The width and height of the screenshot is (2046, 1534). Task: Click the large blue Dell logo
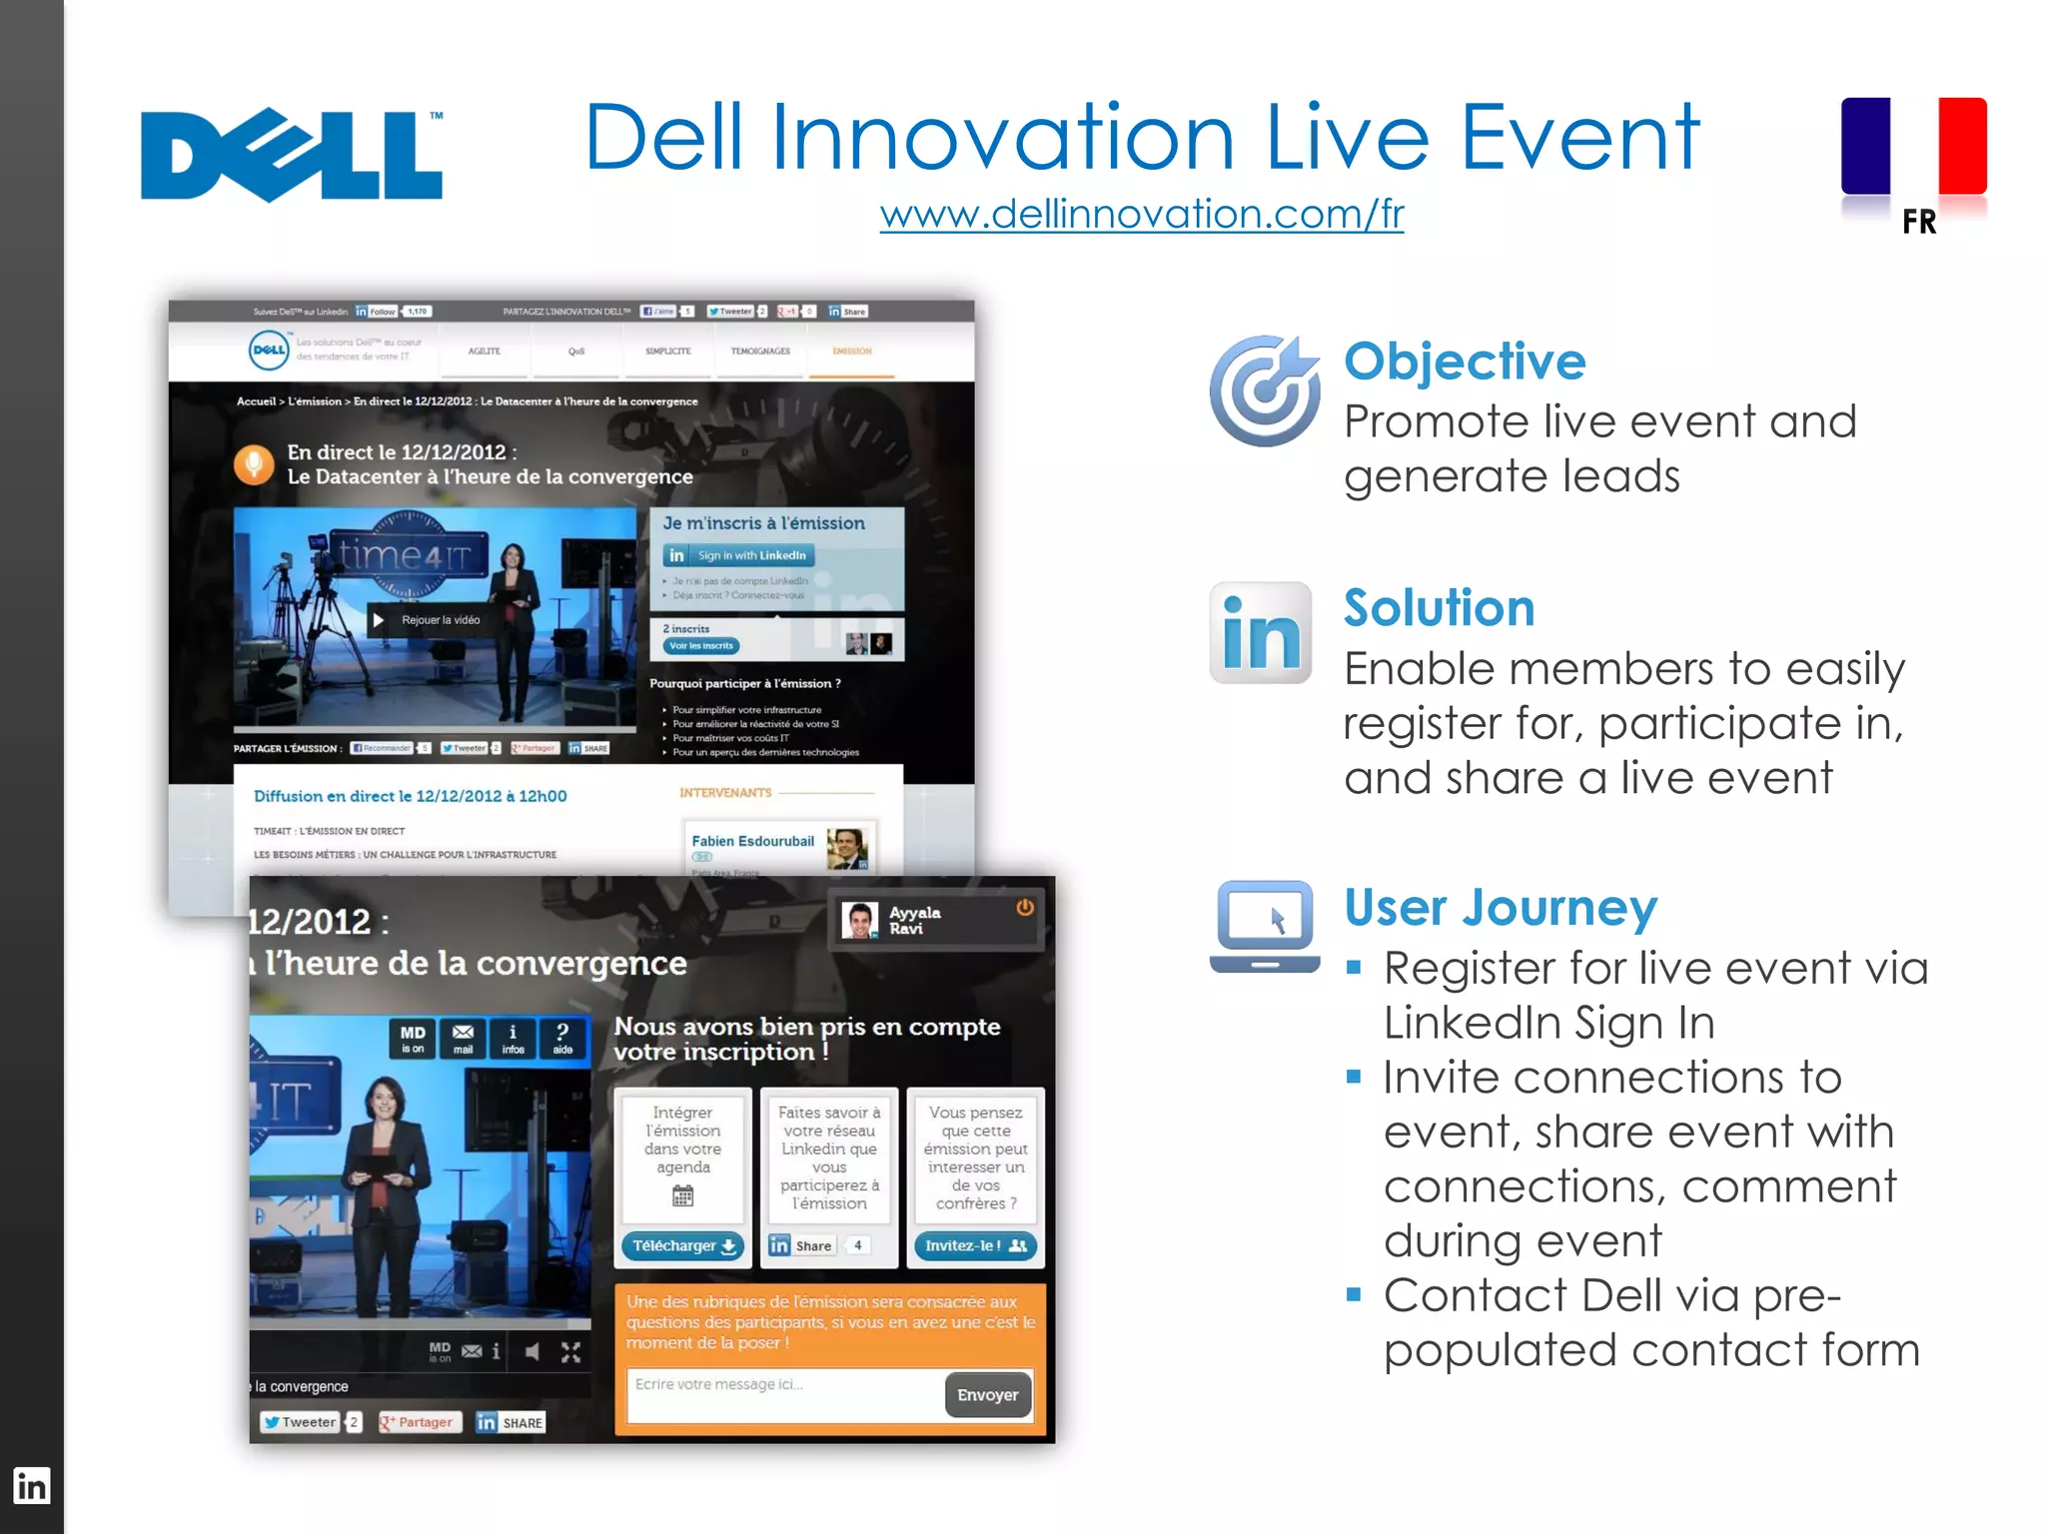tap(291, 156)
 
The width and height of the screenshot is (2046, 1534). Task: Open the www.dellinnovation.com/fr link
tap(1141, 214)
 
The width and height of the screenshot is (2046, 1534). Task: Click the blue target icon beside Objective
tap(1265, 391)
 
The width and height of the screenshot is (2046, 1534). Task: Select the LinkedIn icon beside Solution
tap(1261, 633)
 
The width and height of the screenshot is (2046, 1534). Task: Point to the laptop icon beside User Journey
tap(1265, 926)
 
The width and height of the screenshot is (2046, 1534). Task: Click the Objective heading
tap(1465, 362)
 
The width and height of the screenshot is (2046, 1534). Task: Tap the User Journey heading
tap(1501, 908)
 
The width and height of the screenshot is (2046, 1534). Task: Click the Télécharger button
tap(683, 1245)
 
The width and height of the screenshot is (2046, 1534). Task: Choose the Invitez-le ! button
tap(975, 1245)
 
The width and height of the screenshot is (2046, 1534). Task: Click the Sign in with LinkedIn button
tap(739, 555)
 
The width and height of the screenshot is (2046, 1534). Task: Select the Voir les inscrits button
tap(701, 646)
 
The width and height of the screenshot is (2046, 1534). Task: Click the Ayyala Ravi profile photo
tap(859, 920)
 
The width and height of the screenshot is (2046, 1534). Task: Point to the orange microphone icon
tap(254, 464)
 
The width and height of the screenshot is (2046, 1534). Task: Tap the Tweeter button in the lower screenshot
tap(301, 1422)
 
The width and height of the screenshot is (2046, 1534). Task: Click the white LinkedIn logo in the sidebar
tap(31, 1486)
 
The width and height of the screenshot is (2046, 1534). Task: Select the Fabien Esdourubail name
tap(752, 841)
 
